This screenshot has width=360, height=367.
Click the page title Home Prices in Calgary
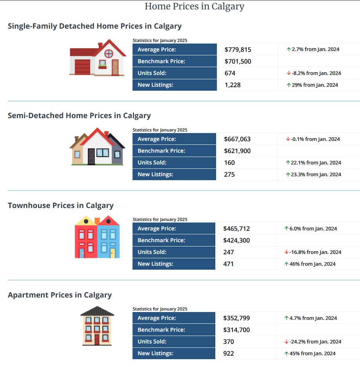point(195,6)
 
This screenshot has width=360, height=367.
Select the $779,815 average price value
point(238,49)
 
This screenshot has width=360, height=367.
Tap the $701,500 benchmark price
point(238,61)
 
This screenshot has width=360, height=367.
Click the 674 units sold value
point(230,73)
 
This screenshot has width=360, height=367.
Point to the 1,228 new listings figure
point(233,85)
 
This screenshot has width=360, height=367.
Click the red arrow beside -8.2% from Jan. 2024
point(288,73)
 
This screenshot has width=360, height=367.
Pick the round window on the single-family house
point(109,53)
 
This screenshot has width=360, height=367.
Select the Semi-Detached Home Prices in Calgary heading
point(79,115)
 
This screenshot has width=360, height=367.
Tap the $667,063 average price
point(237,139)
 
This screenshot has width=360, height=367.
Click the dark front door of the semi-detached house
point(91,156)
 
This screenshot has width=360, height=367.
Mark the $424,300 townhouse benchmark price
point(236,240)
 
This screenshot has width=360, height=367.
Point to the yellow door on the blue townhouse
point(113,252)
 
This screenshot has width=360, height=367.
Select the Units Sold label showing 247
point(152,252)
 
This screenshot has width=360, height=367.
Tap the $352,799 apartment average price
point(236,318)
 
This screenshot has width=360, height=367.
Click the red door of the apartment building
point(97,339)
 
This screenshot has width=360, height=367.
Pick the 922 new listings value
point(229,353)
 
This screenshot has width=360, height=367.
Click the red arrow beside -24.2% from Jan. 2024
point(287,341)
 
